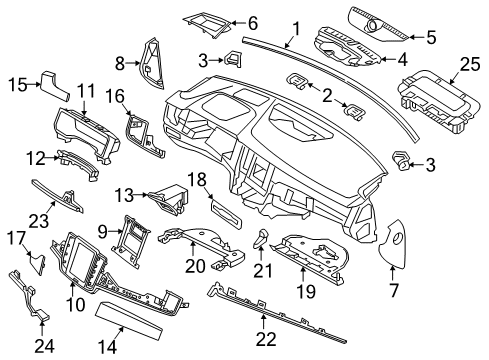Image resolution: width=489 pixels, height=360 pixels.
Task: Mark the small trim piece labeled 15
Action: pyautogui.click(x=54, y=85)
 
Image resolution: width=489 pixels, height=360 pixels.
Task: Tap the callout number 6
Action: pyautogui.click(x=251, y=22)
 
